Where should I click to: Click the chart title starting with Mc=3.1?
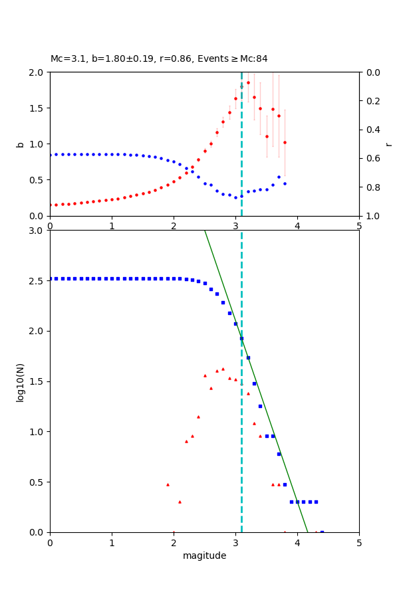click(x=159, y=59)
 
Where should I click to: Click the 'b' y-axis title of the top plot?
click(x=20, y=144)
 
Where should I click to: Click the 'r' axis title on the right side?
click(x=388, y=144)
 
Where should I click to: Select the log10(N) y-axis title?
click(x=20, y=381)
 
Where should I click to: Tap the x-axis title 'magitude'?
click(x=204, y=555)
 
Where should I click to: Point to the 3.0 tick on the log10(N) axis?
click(x=39, y=231)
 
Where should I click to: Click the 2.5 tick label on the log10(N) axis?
click(x=39, y=281)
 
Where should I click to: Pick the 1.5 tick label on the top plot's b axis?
click(x=39, y=108)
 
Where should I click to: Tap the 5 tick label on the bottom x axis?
click(x=359, y=544)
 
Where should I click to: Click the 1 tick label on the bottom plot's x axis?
click(x=112, y=544)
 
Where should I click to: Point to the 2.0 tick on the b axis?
click(x=39, y=72)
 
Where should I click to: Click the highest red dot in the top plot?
click(x=248, y=83)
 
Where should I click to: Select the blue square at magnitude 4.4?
click(x=322, y=532)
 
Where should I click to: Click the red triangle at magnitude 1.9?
click(x=168, y=484)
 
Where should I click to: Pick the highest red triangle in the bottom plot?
click(x=223, y=369)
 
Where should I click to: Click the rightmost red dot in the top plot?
click(x=285, y=142)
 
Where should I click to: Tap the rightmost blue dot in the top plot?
click(x=285, y=183)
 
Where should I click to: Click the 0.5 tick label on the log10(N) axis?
click(x=39, y=482)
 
